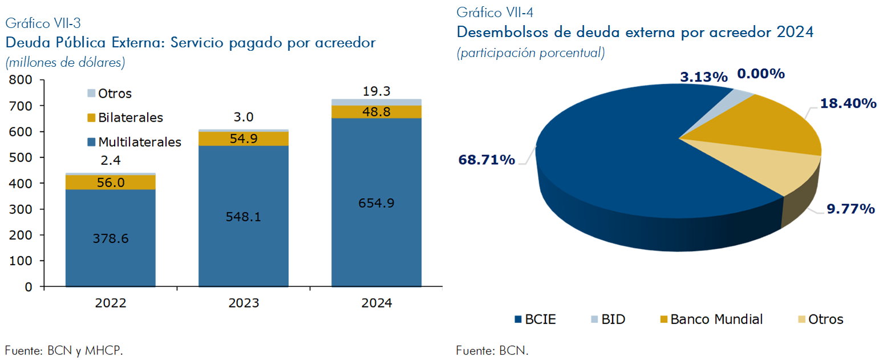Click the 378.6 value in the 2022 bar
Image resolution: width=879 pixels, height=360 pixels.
pos(111,238)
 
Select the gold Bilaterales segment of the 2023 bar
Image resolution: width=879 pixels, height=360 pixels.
pos(244,139)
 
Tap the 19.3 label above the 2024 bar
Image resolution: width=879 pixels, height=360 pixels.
pos(376,91)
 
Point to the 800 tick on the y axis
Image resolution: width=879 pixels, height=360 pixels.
pos(21,80)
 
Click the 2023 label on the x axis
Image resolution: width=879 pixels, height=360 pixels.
pos(244,303)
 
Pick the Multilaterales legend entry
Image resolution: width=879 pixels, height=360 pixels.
pos(134,141)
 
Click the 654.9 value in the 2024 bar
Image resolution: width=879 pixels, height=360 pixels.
pos(376,204)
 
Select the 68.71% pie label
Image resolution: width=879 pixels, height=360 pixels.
pos(487,159)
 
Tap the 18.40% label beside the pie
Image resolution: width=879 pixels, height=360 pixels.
pos(848,103)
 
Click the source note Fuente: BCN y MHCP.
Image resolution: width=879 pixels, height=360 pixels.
pos(64,350)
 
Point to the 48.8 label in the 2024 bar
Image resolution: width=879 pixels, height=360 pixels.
pos(376,112)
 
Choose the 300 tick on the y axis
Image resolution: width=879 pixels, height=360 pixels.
pos(21,209)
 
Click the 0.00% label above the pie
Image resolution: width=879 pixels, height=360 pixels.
pos(761,74)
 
